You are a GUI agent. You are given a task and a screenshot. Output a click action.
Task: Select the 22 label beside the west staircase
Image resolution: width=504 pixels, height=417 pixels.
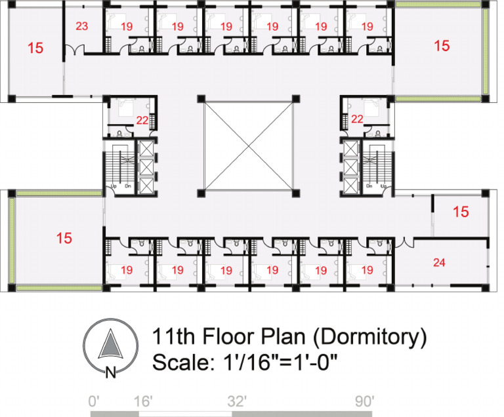[142, 119]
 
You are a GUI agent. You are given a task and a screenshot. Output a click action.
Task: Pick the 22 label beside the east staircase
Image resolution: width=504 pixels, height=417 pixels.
[358, 119]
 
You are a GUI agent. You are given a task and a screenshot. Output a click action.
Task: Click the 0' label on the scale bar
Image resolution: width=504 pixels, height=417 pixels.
[96, 401]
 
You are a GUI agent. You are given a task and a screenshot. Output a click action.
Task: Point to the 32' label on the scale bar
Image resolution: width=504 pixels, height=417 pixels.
[237, 401]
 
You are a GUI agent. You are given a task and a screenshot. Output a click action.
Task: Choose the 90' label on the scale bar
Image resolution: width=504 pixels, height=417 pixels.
[363, 401]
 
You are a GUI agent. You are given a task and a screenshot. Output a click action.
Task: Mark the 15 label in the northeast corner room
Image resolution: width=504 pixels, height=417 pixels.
[442, 46]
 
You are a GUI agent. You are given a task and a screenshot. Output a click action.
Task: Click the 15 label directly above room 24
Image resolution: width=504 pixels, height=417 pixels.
[461, 212]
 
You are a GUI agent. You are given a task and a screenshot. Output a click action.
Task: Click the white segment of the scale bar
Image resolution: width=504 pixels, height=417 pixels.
[186, 414]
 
